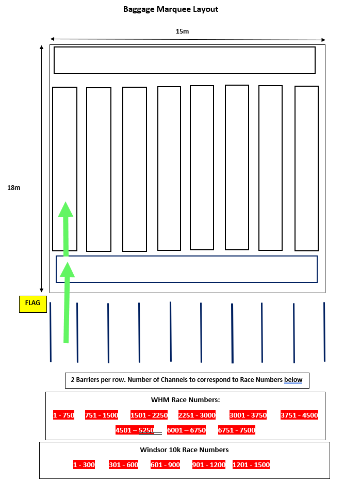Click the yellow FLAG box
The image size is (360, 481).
pos(33,304)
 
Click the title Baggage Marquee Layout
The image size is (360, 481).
pos(171,9)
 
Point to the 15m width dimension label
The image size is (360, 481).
pos(182,31)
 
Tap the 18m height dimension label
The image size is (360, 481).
pos(14,188)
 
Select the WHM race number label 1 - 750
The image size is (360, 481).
pos(64,415)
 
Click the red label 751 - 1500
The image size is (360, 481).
pos(102,415)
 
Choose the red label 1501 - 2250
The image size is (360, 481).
pos(149,415)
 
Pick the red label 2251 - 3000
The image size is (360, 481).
pos(197,415)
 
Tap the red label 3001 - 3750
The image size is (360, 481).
pos(248,415)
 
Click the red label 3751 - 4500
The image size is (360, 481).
pos(299,415)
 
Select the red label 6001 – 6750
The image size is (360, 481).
pos(186,430)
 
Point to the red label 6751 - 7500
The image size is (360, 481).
pos(237,430)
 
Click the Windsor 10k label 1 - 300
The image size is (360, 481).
pos(84,464)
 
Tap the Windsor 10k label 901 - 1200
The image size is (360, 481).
pos(209,464)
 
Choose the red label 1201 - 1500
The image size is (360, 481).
pos(251,464)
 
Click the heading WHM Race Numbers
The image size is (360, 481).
pos(186,399)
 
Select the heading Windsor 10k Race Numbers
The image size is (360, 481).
pos(184,450)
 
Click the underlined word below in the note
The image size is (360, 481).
pos(293,380)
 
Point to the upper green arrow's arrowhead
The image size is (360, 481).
pos(66,209)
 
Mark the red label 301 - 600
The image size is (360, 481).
pos(124,464)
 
